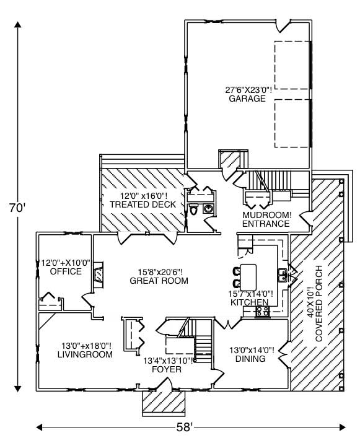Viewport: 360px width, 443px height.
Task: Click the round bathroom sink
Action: tap(208, 209)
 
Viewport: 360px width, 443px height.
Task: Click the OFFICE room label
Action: tap(66, 271)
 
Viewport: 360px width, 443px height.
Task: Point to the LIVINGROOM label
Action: tap(85, 355)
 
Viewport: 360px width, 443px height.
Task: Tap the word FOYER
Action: tap(166, 369)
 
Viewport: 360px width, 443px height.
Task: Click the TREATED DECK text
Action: tap(143, 204)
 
